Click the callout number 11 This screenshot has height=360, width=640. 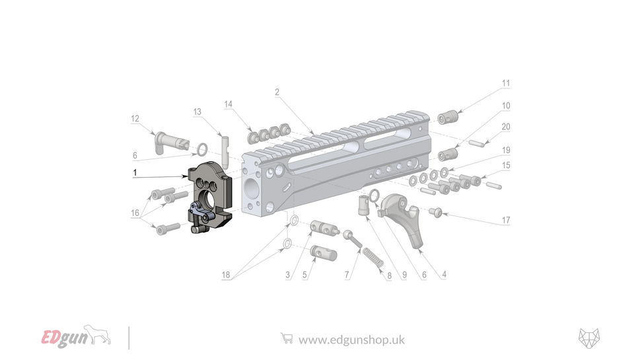coord(506,84)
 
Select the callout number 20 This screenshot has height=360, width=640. coord(506,127)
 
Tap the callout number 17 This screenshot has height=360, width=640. coord(506,220)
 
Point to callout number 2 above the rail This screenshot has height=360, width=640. coord(277,92)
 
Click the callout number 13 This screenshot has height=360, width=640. coord(197,112)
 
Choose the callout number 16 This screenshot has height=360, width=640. coord(135,213)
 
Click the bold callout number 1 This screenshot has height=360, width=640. coord(135,172)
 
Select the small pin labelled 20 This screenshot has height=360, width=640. coord(478,141)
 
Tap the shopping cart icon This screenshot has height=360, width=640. coord(287,338)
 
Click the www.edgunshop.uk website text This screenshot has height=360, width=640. coord(351,340)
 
